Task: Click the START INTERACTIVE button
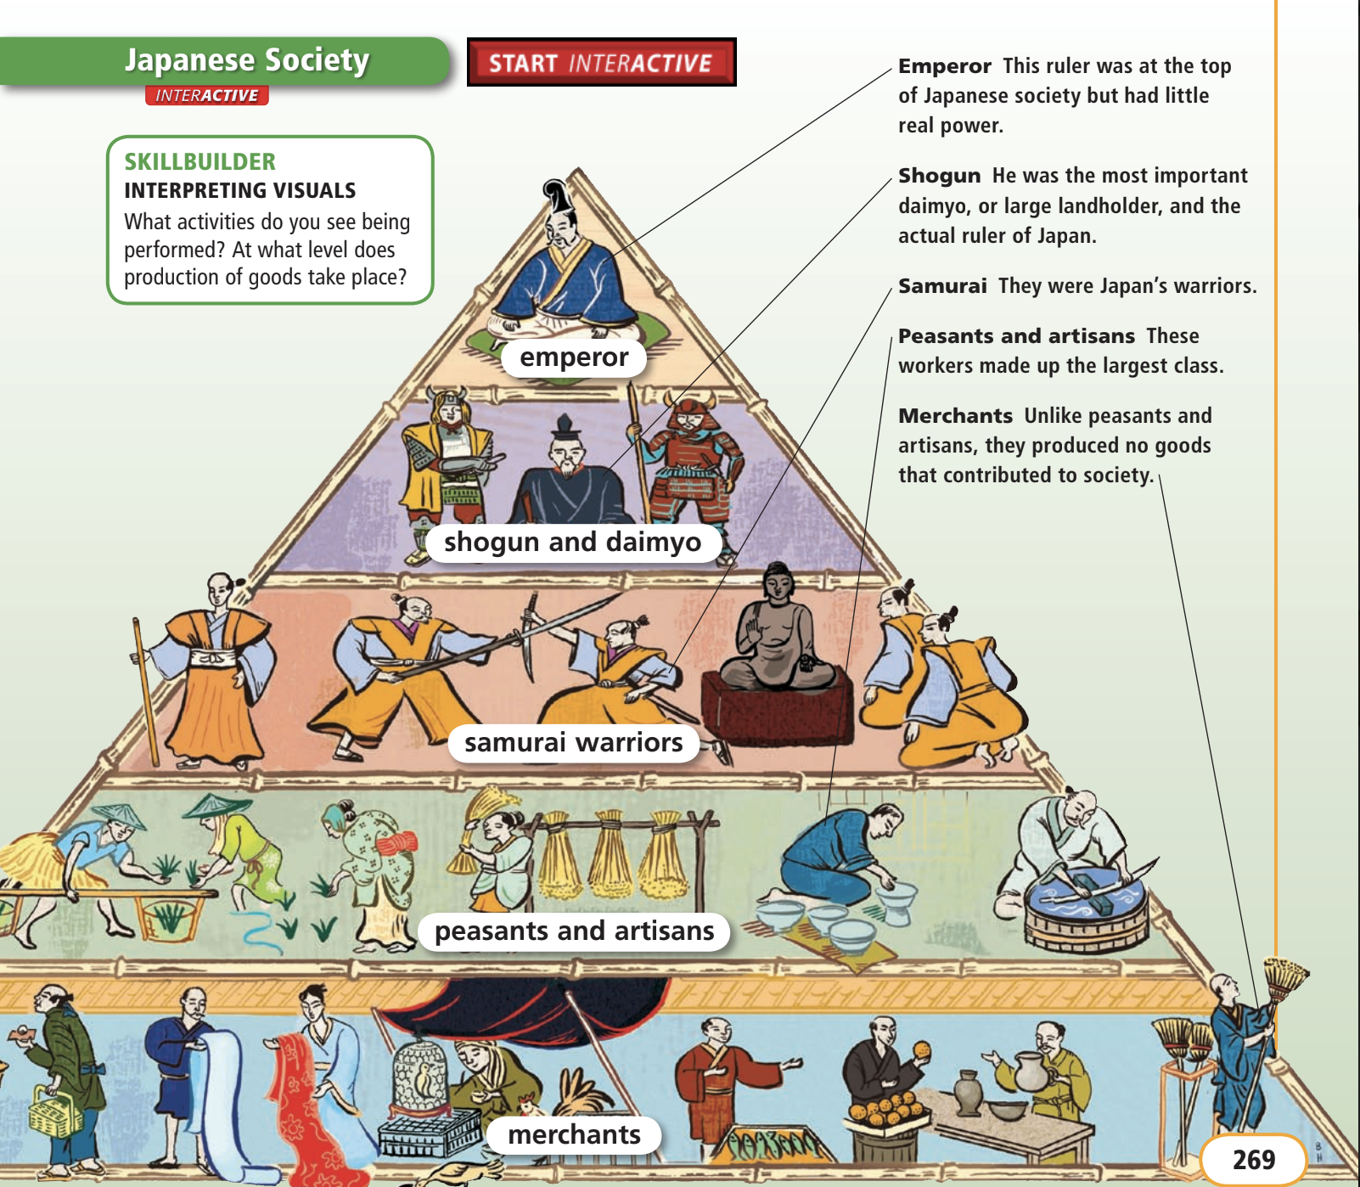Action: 601,63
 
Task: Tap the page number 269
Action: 1253,1159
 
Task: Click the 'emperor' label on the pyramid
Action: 574,357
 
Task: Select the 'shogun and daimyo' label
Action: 572,542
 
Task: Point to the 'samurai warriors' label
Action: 573,743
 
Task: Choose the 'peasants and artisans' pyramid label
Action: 574,931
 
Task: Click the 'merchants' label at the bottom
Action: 574,1135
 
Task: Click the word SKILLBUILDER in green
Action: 200,161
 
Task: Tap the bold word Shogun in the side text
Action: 939,176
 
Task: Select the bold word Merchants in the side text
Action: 955,416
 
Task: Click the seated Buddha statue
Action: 777,633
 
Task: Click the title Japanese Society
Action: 246,60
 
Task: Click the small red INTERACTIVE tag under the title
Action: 206,96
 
